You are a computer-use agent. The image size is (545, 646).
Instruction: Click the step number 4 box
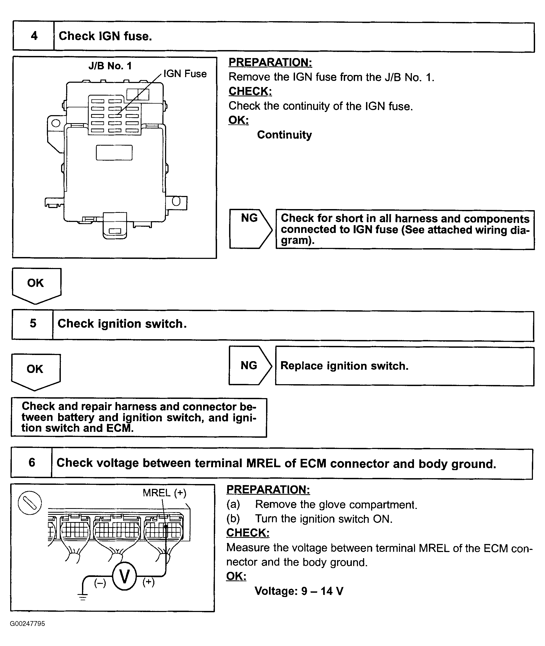(34, 36)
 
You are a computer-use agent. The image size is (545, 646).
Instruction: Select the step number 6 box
(32, 462)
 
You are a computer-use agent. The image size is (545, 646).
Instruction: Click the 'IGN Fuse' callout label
(185, 74)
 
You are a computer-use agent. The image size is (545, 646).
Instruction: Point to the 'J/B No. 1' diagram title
(110, 66)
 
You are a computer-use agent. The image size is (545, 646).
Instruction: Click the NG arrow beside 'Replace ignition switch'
(250, 365)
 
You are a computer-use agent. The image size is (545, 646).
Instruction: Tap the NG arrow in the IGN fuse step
(250, 228)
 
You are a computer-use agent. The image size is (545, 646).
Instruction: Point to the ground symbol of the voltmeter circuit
(83, 596)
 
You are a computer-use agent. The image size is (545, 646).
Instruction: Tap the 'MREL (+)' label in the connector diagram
(164, 493)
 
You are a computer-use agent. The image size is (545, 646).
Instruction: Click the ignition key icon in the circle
(30, 503)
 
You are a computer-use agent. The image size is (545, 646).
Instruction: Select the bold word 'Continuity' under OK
(284, 135)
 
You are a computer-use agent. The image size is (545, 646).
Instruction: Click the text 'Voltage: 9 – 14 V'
(299, 591)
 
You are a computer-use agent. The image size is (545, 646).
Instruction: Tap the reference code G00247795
(28, 624)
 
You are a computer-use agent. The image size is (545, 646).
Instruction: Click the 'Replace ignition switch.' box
(404, 366)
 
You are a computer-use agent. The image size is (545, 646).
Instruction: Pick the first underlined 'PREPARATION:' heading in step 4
(270, 62)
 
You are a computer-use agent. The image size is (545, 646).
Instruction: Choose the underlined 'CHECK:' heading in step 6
(248, 533)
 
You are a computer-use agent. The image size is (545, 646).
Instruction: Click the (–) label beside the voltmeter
(100, 583)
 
